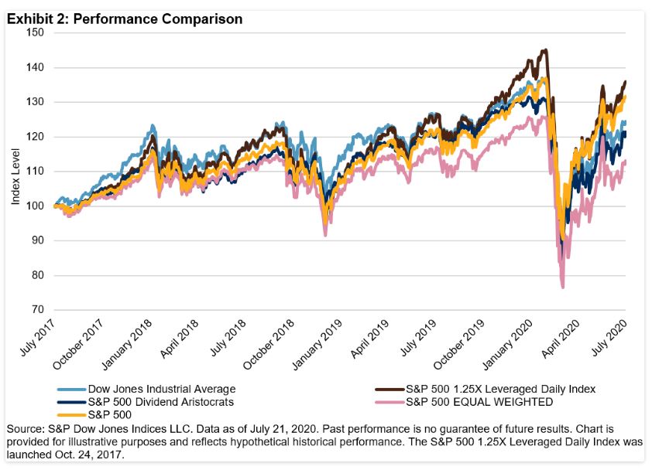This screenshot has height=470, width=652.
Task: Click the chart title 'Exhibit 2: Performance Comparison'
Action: [125, 19]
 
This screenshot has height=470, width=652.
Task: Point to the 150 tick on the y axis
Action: [34, 32]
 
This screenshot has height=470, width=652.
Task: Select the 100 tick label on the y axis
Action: [34, 206]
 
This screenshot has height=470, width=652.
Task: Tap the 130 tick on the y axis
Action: [34, 102]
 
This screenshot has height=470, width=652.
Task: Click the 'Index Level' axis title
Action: [15, 183]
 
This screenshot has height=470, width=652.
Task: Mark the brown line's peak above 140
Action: [545, 50]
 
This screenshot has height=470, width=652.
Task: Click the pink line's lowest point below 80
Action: [562, 288]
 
